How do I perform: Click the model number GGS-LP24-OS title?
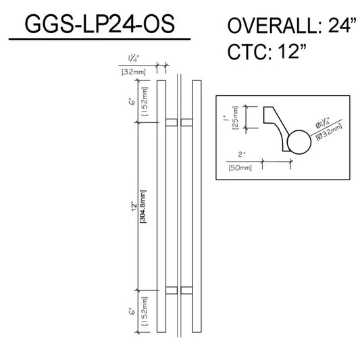click(100, 24)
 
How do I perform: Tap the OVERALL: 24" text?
click(292, 25)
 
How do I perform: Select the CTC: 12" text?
click(267, 51)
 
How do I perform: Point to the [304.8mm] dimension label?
click(143, 207)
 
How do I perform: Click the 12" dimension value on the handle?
click(134, 207)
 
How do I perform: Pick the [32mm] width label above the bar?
click(133, 72)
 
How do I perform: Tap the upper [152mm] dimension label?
click(145, 101)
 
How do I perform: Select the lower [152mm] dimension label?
click(145, 311)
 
